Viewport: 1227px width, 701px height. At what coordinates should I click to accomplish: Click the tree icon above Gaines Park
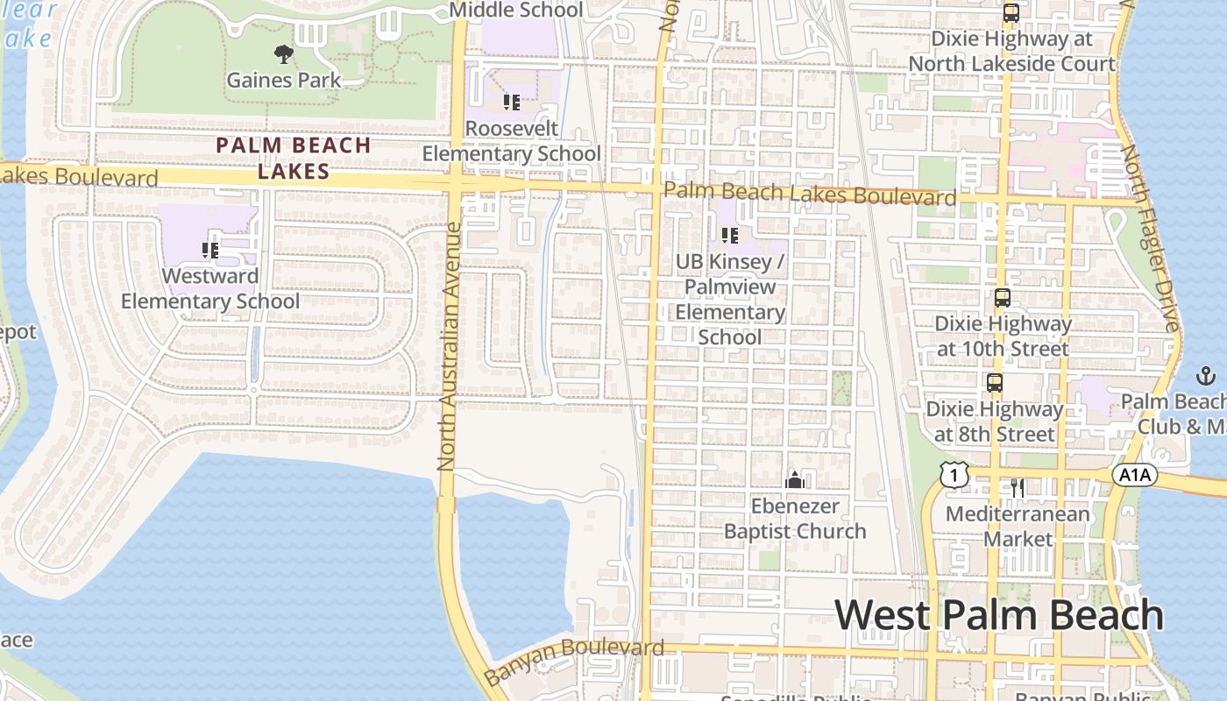point(283,54)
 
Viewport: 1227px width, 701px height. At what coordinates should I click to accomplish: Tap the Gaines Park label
point(283,81)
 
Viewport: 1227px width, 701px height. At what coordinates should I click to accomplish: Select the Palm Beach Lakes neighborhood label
point(294,158)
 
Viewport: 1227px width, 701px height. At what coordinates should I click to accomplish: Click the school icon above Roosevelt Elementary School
point(512,103)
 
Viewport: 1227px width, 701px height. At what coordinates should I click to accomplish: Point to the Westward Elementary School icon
point(210,251)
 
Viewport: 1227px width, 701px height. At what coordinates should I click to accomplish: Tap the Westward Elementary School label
point(210,289)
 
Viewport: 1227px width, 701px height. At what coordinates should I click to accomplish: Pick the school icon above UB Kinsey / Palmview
point(730,235)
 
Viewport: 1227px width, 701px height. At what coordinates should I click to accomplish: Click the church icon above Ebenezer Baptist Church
point(795,479)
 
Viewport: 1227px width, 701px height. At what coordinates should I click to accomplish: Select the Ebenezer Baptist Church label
point(795,519)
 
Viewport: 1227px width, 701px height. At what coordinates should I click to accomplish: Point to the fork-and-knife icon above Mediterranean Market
point(1017,487)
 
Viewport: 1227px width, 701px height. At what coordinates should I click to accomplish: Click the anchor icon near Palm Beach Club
point(1206,377)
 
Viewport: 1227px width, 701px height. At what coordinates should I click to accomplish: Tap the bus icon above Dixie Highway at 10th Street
point(1003,298)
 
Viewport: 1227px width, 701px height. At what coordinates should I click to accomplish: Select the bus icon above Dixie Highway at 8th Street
point(994,383)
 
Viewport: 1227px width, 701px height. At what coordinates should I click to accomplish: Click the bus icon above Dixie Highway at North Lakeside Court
point(1011,13)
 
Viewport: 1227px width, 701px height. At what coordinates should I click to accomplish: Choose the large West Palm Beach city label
point(999,615)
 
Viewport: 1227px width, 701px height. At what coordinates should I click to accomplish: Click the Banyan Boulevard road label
point(574,661)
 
